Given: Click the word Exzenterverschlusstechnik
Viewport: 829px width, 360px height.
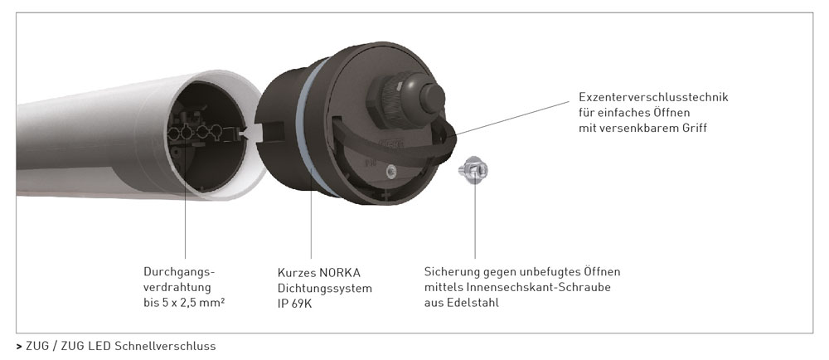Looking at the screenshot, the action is [653, 97].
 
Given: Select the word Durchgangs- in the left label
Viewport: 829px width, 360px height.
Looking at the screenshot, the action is [180, 272].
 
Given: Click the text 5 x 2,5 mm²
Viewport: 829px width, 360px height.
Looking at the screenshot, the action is [192, 303].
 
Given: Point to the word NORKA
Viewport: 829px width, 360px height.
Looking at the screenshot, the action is [339, 273].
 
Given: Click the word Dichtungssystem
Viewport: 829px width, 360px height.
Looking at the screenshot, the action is [325, 289].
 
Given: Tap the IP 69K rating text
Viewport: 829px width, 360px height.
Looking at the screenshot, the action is [294, 304].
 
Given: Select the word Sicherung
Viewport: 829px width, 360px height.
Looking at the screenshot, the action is [452, 272].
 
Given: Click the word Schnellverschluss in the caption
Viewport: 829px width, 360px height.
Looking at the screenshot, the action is [165, 346].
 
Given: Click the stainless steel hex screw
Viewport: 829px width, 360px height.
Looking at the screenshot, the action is [473, 169].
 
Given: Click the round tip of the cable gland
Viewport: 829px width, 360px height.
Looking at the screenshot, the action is [432, 98].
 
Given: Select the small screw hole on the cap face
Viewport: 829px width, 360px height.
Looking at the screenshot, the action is [391, 170].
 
